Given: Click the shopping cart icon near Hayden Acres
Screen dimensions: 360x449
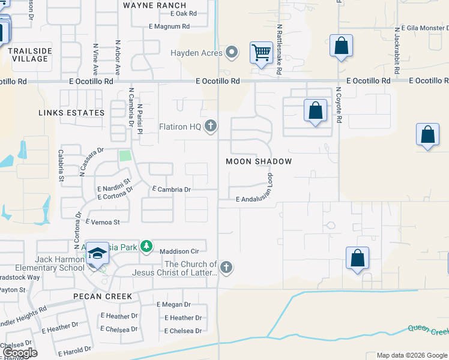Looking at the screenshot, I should click(261, 53).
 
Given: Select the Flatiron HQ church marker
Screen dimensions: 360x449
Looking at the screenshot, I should click(210, 126).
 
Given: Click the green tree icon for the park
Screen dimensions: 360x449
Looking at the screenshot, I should click(146, 247).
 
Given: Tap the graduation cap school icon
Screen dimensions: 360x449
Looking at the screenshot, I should click(97, 253).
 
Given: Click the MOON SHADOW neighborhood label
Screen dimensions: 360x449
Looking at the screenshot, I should click(259, 161).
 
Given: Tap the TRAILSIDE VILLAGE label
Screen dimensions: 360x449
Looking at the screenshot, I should click(28, 55).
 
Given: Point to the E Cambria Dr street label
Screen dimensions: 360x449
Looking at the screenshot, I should click(171, 190).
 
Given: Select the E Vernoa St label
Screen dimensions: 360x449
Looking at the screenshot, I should click(103, 222).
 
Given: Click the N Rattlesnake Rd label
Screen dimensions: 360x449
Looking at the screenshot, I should click(279, 50).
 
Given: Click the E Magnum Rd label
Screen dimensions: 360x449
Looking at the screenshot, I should click(169, 26).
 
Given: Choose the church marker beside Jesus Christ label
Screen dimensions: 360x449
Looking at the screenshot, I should click(226, 268).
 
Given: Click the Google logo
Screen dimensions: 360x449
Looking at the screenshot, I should click(20, 353).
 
